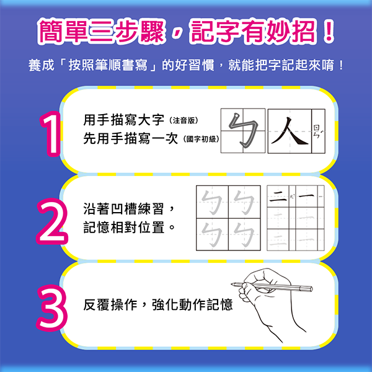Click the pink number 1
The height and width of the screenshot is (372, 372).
tap(50, 131)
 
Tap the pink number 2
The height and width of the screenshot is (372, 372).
tap(51, 218)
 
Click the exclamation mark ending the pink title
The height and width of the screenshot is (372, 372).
tap(326, 32)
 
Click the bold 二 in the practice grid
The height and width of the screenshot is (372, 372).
tap(279, 199)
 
